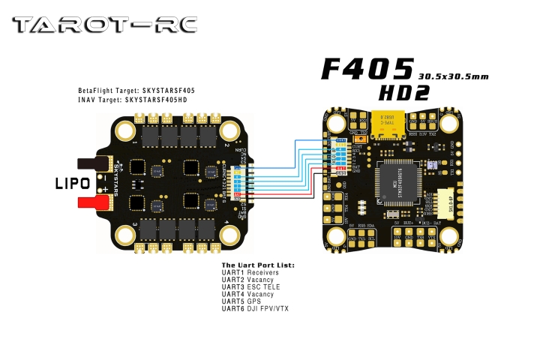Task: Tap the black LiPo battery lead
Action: click(94, 162)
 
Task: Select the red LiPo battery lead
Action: click(94, 202)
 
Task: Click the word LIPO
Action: click(72, 183)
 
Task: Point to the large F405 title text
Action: click(367, 69)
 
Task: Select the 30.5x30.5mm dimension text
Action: click(453, 76)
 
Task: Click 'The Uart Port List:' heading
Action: click(258, 265)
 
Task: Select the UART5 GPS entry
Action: click(240, 301)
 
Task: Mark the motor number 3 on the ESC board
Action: click(134, 226)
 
